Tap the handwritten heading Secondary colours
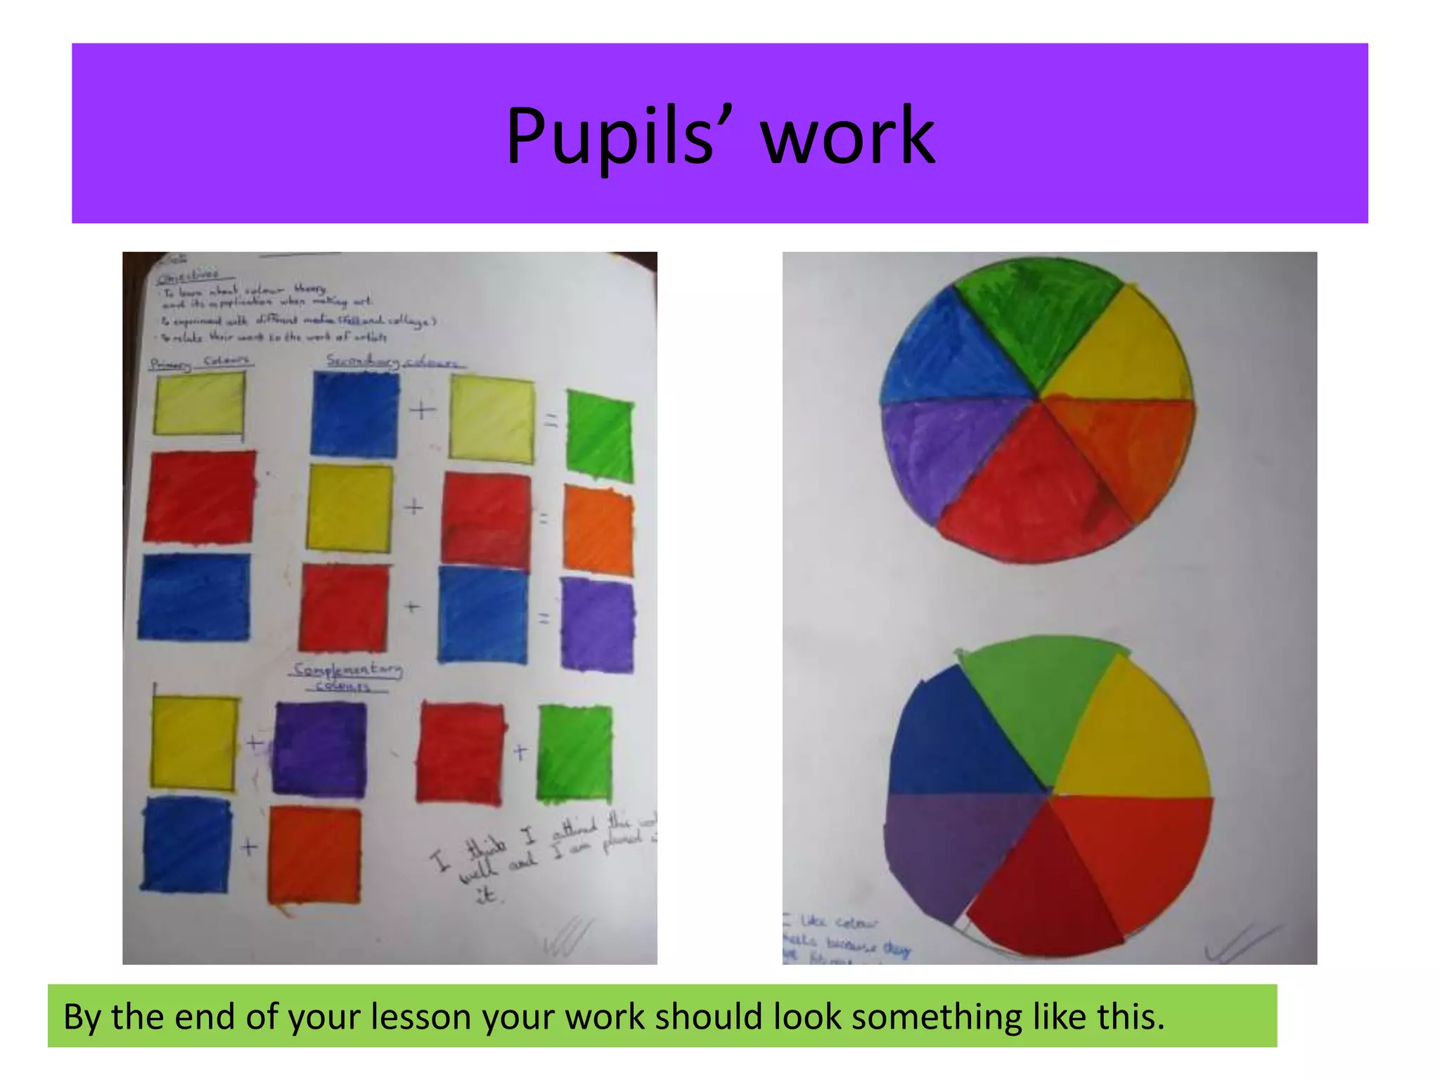[x=394, y=362]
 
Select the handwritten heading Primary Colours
[x=200, y=363]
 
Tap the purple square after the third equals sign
[x=598, y=623]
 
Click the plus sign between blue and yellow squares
[x=422, y=410]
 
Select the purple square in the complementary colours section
[x=320, y=749]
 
